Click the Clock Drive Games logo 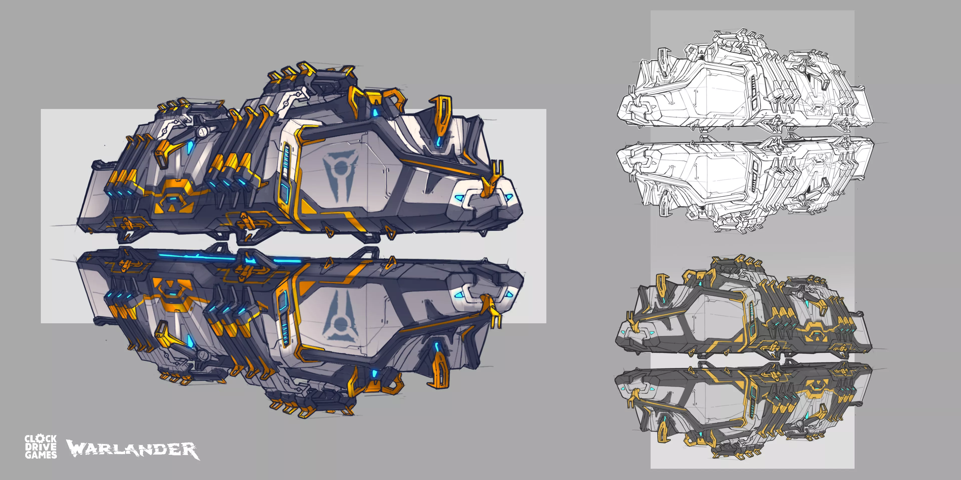(x=41, y=446)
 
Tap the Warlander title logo (x=133, y=449)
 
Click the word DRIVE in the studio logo (x=41, y=447)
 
